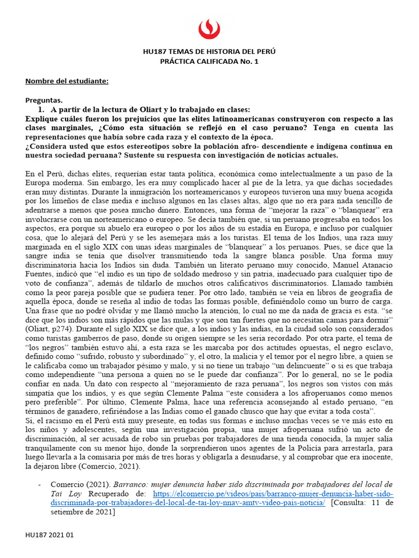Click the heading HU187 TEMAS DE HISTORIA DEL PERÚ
pos(209,52)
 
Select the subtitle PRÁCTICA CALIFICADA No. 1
pos(209,62)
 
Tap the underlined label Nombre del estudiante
pos(67,81)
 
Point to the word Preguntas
pos(44,100)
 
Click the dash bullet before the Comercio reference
pos(39,484)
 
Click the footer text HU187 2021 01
pos(49,536)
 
